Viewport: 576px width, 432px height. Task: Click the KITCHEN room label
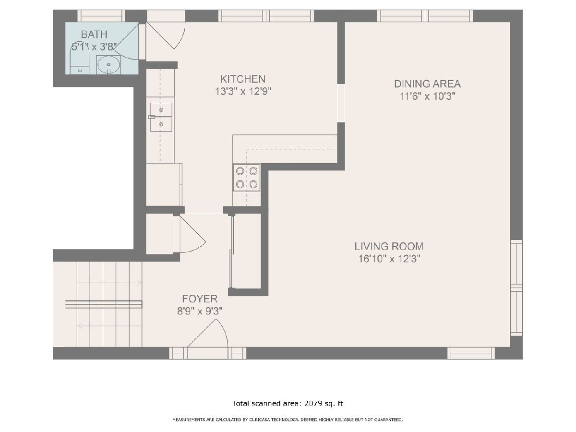(242, 79)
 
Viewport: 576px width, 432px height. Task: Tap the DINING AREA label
(427, 84)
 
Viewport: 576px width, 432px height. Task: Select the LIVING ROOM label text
(389, 246)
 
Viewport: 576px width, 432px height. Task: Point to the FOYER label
(200, 299)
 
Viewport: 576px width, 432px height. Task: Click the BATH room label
(94, 35)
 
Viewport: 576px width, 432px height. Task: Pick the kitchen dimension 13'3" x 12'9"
(243, 92)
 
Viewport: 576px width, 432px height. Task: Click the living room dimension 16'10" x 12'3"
(389, 259)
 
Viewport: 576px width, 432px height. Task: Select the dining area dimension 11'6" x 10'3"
(427, 96)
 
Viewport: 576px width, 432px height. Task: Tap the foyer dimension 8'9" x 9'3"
(200, 312)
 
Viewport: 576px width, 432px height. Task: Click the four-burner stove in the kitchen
(246, 178)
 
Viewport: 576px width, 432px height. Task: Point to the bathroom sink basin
(108, 64)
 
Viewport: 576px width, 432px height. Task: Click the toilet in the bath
(80, 61)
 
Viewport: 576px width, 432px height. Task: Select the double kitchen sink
(161, 117)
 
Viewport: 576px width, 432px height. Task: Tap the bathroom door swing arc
(126, 41)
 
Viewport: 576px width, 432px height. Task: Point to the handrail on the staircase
(104, 304)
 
